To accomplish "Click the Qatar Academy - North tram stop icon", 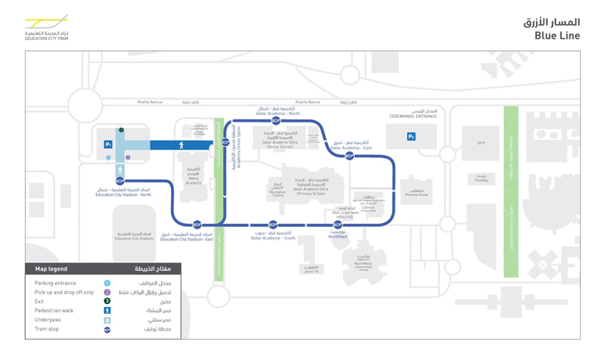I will pos(276,120).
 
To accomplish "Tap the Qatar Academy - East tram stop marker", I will pos(349,156).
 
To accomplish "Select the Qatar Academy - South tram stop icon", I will pos(273,225).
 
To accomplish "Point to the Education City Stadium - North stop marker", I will pos(119,182).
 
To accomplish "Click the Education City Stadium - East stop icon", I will pos(197,225).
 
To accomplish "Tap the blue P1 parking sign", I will pos(109,144).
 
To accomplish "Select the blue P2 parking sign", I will pos(411,137).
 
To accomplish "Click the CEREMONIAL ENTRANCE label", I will pos(413,116).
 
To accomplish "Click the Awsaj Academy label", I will pos(194,180).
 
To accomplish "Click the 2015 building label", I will pos(481,143).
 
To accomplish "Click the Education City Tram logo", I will pos(47,27).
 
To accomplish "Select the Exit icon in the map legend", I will pos(107,301).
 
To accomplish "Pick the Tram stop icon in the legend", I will pos(107,330).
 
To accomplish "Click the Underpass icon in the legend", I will pos(107,320).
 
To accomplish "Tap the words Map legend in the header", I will pos(51,268).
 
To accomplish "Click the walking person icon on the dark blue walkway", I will pos(181,145).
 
